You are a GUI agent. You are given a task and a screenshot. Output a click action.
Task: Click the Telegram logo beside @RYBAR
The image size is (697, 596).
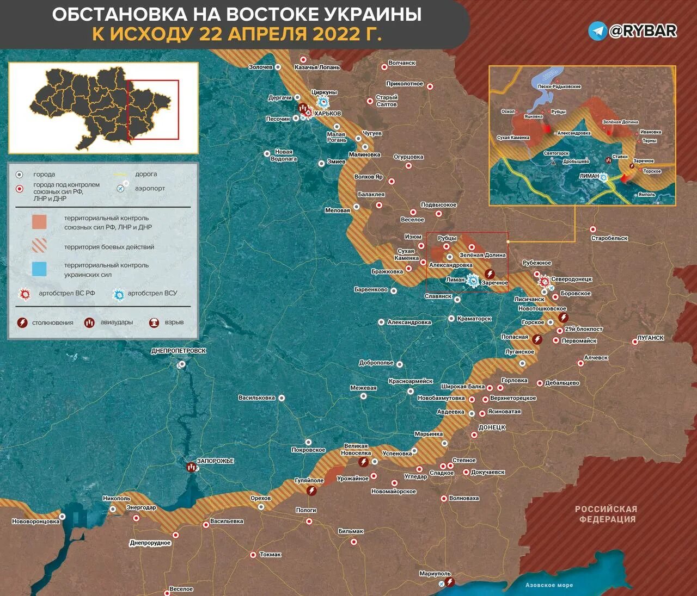click(x=597, y=31)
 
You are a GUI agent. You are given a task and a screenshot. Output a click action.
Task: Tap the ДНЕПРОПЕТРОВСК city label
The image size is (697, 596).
click(x=179, y=351)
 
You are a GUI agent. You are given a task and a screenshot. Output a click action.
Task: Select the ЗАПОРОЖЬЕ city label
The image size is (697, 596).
click(x=215, y=461)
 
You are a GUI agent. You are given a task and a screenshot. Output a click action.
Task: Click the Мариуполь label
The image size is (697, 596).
click(x=435, y=574)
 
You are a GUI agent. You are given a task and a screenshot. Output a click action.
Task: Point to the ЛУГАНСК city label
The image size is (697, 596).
click(x=651, y=338)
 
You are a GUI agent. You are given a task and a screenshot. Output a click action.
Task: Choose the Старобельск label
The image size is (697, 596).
click(x=609, y=238)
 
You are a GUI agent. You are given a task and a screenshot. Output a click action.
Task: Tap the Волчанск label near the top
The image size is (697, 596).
click(x=402, y=63)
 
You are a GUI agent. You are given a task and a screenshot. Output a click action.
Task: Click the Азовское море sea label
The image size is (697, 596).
click(x=549, y=585)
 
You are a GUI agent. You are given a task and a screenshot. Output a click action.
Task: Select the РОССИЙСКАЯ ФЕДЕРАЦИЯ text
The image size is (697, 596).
click(x=606, y=514)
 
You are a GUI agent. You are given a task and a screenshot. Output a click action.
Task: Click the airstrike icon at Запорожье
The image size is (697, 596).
click(x=191, y=467)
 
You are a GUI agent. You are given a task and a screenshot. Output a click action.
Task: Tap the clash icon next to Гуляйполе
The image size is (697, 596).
click(x=311, y=491)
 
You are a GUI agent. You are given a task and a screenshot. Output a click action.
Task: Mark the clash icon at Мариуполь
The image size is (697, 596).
click(x=450, y=582)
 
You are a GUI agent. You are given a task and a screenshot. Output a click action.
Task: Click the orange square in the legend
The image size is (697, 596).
click(x=39, y=222)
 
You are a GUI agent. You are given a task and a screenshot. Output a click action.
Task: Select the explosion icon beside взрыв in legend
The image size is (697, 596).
click(x=155, y=322)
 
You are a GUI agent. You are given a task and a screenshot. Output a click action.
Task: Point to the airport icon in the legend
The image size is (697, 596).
click(x=121, y=189)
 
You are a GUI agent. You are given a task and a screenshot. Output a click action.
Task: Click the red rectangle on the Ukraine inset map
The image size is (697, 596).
click(x=153, y=110)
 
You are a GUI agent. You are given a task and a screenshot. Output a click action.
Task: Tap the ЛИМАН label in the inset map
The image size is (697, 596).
click(x=589, y=176)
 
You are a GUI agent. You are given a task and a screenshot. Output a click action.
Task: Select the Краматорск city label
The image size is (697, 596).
click(x=474, y=319)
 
